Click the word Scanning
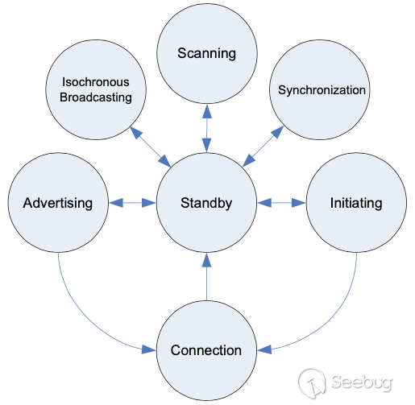[206, 54]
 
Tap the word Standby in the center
[206, 203]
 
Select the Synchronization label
[322, 90]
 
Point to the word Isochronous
[96, 82]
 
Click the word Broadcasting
[96, 97]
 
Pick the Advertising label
[58, 203]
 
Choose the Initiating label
[356, 203]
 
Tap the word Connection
[206, 350]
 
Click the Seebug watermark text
[362, 382]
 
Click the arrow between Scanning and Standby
[207, 128]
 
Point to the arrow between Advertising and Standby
[132, 203]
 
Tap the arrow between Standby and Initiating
[281, 203]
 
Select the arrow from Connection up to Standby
[206, 277]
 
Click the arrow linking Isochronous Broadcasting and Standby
[151, 147]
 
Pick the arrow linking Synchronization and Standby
[263, 147]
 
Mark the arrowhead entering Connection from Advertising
[148, 349]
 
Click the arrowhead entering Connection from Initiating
[264, 349]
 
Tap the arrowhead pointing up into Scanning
[207, 111]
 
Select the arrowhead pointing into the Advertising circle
[116, 203]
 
